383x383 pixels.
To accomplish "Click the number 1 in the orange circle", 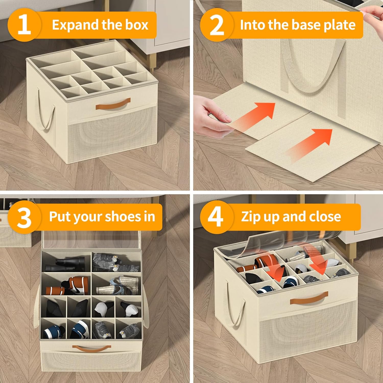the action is click(x=24, y=25).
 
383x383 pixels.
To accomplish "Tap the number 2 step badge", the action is click(x=217, y=25).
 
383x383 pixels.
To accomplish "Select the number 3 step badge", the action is click(x=24, y=217).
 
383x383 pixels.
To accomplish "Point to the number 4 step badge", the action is click(x=217, y=217).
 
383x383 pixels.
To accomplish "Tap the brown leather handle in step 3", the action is click(x=89, y=348).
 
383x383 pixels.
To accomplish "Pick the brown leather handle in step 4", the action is click(x=309, y=298).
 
